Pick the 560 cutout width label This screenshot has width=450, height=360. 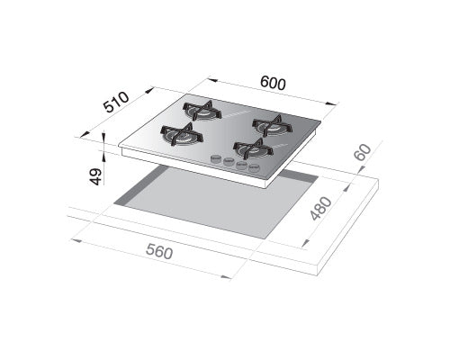coord(158,255)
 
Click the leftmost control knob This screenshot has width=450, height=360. coord(216,160)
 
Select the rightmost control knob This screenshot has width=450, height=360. coord(255,167)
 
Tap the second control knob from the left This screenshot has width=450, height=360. coord(229,163)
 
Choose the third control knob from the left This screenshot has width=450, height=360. coord(241,165)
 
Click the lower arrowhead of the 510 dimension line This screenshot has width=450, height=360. coord(82,136)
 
